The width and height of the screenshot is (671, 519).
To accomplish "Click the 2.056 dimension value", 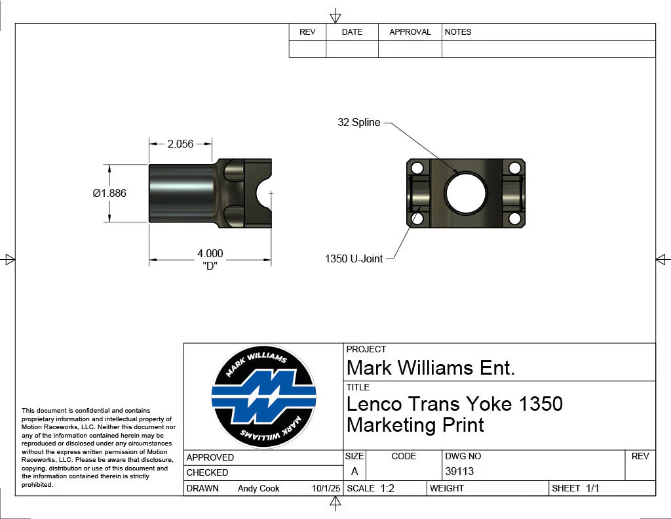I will tap(180, 144).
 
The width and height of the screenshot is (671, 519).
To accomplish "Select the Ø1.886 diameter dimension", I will tap(109, 193).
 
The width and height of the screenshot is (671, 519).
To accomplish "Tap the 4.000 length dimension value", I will tap(210, 253).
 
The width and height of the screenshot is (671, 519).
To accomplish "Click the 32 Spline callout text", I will tap(358, 123).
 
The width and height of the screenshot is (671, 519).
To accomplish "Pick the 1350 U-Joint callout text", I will tap(354, 259).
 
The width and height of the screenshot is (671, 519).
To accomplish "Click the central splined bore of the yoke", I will tap(466, 193).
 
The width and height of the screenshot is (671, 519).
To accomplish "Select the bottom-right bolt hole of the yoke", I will tap(514, 218).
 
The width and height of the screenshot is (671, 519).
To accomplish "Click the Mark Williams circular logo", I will tap(263, 397).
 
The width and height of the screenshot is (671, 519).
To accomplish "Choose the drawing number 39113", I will tap(459, 471).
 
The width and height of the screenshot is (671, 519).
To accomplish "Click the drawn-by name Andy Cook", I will tap(258, 488).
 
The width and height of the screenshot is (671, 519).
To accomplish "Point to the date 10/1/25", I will tap(326, 488).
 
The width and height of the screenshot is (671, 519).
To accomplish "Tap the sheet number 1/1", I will tap(593, 488).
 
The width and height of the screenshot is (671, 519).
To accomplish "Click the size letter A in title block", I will tap(355, 471).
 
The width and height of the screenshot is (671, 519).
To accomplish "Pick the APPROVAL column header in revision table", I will tap(410, 32).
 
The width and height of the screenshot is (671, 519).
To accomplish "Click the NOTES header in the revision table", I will tap(458, 32).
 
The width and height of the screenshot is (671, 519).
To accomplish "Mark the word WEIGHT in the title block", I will tap(447, 488).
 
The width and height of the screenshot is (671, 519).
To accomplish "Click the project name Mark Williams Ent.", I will tap(431, 368).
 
